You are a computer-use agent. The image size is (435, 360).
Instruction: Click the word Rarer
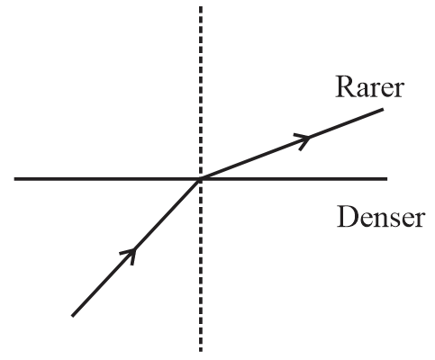coord(369,87)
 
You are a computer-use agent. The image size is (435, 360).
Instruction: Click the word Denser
coord(380,217)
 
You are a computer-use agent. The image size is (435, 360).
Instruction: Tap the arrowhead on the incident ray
coord(129,256)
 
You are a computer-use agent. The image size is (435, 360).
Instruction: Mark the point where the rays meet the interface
coord(201,179)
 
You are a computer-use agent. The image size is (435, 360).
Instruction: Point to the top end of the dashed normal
coord(201,6)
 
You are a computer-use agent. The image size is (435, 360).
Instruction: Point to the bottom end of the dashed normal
coord(201,351)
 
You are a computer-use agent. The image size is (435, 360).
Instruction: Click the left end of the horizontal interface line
coord(14,179)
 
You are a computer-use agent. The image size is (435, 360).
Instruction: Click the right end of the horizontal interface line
coord(387,179)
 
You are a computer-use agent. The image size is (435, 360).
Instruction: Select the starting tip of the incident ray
coord(72,316)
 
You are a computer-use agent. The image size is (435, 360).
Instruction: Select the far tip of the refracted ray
coord(383,110)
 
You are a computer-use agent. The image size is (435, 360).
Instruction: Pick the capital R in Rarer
coord(344,87)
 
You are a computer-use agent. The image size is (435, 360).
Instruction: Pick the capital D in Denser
coord(347,217)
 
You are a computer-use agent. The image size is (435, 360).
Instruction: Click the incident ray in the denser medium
coord(136,247)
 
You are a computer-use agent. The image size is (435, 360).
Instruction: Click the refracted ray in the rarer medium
coord(292,144)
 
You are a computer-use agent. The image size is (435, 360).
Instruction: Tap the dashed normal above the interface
coord(201,93)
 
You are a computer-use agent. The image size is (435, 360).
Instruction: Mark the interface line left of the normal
coord(107,179)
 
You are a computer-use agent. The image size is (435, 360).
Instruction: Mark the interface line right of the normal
coord(294,179)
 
